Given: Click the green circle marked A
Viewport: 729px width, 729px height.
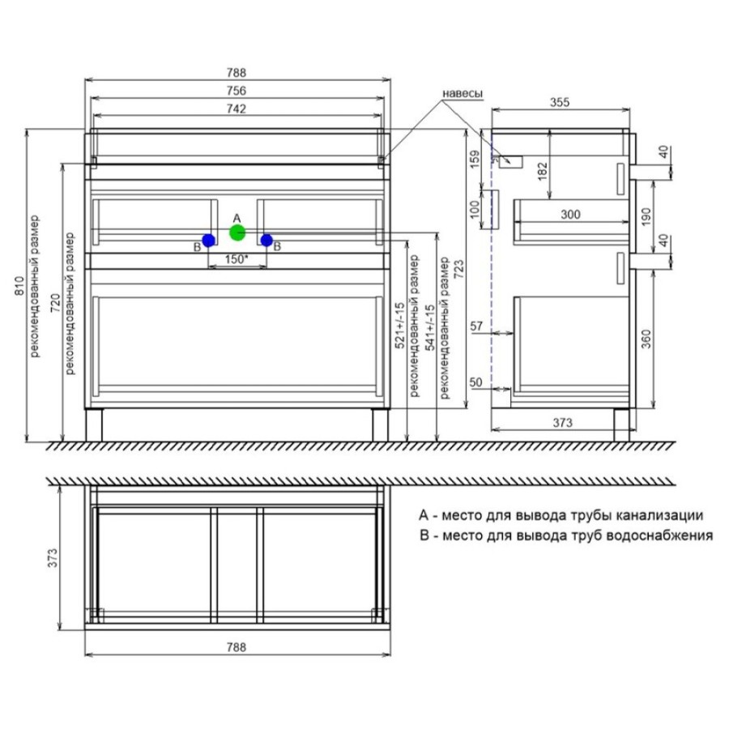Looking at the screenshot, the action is tap(237, 232).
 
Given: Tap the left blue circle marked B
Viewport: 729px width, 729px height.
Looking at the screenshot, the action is tap(208, 241).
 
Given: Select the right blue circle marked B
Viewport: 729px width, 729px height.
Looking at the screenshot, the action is tap(266, 241).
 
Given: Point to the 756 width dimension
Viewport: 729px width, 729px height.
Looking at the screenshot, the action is tap(237, 91).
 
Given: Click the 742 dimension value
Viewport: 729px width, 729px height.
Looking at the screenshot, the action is tap(237, 109).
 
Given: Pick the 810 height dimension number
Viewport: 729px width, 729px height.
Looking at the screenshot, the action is tap(19, 285).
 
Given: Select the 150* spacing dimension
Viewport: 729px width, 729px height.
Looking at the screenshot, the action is tap(237, 259).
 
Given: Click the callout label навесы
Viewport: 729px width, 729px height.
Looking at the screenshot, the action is tap(463, 93).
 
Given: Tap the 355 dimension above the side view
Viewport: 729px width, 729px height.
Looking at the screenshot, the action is tap(559, 102).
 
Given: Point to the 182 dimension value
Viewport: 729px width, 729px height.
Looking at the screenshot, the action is tap(543, 171).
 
